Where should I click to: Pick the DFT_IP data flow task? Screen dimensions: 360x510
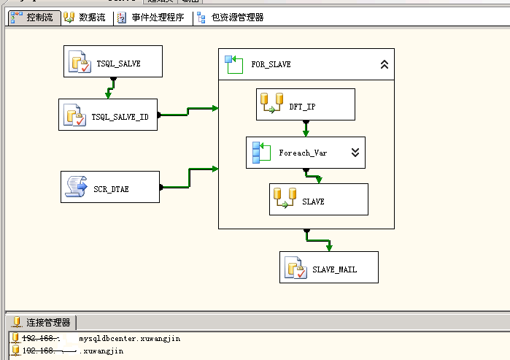[x=305, y=105]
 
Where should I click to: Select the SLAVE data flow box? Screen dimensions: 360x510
[x=318, y=200]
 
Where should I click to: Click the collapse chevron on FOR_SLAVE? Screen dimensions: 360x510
[x=385, y=64]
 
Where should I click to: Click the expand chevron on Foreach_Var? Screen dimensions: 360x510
[x=355, y=153]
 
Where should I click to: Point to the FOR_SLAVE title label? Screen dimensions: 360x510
[x=271, y=64]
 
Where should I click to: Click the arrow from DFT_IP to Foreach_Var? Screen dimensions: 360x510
[x=305, y=129]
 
